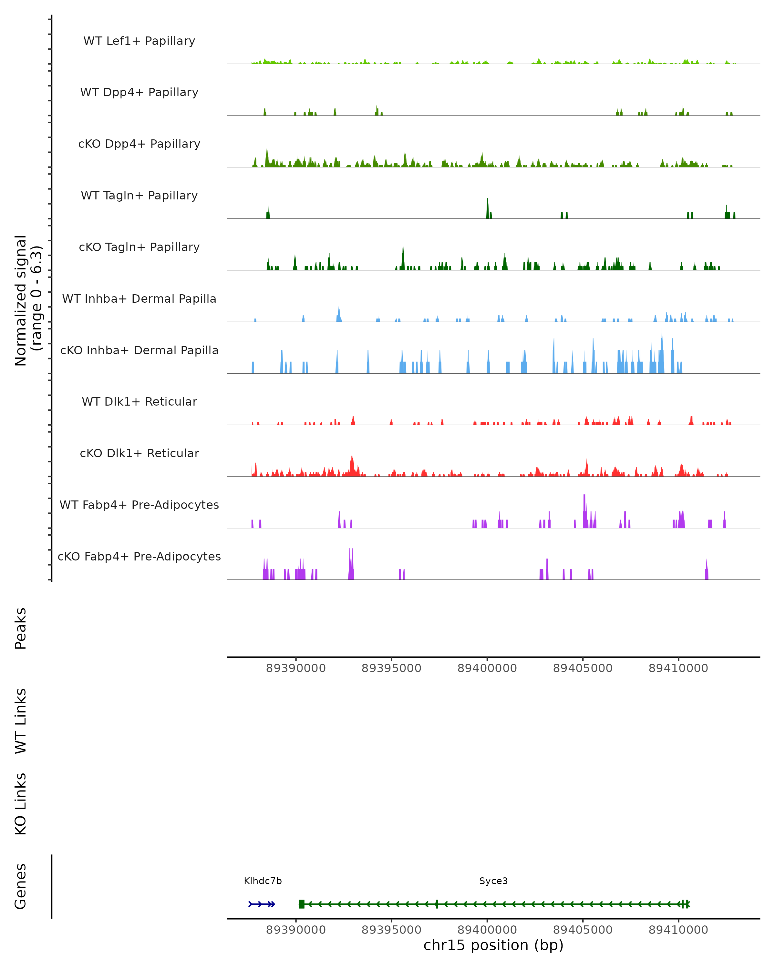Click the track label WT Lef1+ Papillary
pos(139,41)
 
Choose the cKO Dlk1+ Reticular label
pos(139,453)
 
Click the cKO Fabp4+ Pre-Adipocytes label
pos(139,556)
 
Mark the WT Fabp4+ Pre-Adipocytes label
pos(139,505)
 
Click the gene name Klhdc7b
pos(263,881)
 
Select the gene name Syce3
pos(493,881)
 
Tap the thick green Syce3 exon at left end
pos(302,904)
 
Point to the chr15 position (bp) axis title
pos(493,945)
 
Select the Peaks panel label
pos(21,628)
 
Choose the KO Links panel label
pos(21,804)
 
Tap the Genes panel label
pos(21,886)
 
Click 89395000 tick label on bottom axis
pos(391,930)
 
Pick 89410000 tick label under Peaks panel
pos(678,668)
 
